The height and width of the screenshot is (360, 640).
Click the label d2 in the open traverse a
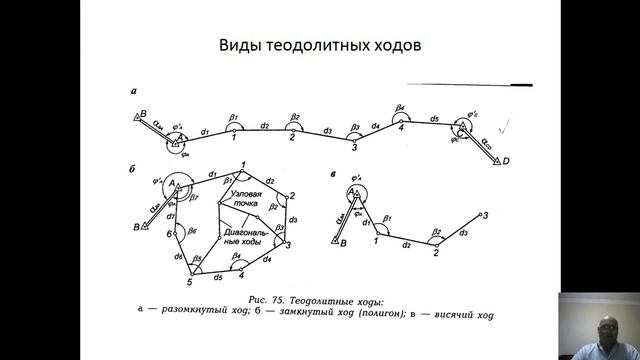tap(264, 125)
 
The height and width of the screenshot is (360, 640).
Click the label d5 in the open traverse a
tap(434, 119)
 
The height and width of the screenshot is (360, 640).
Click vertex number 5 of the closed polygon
tap(189, 271)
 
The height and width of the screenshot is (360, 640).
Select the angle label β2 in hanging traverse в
tap(436, 232)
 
